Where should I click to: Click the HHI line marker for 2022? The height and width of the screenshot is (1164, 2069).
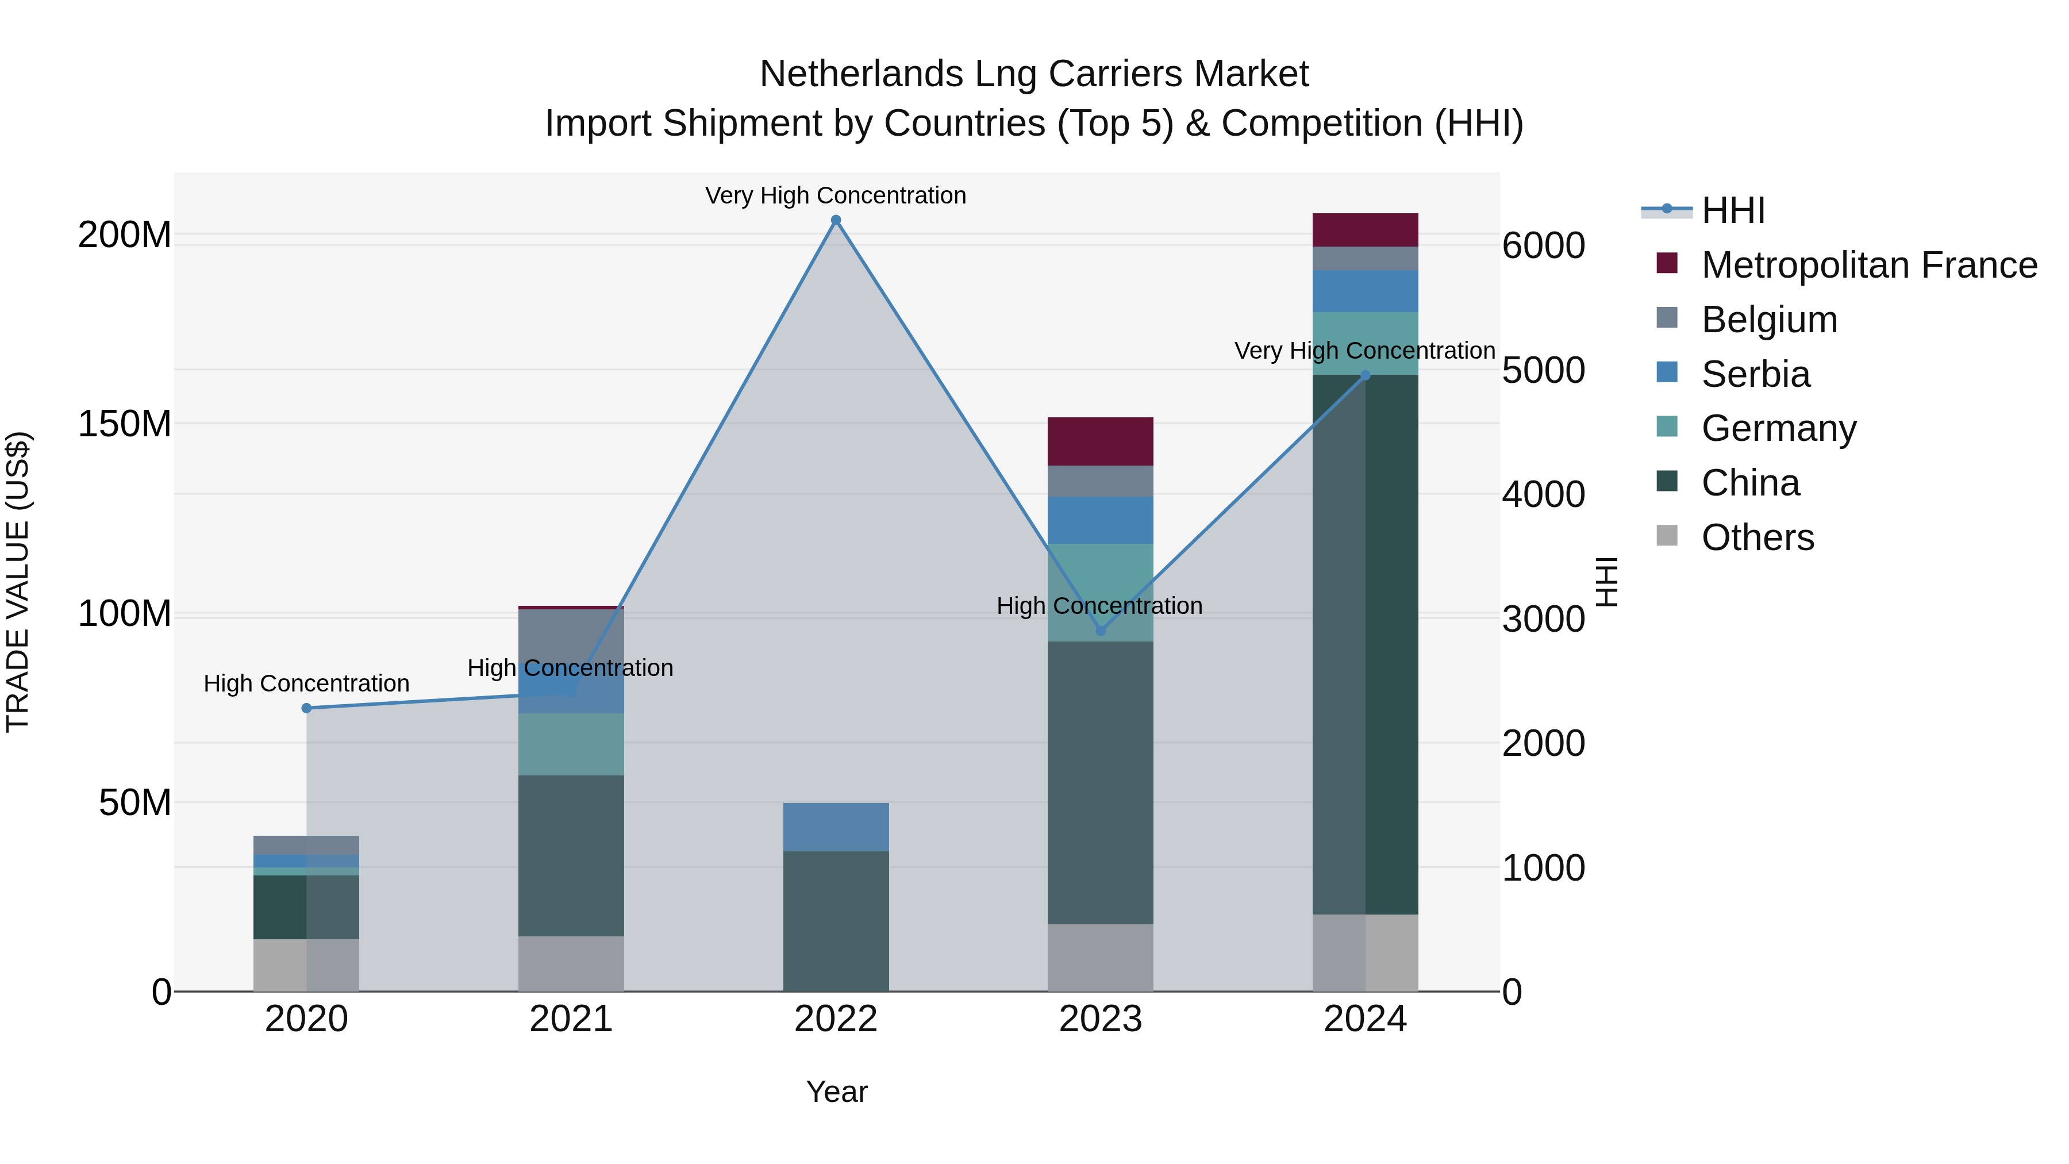point(835,220)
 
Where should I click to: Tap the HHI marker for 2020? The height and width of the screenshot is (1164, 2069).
point(306,708)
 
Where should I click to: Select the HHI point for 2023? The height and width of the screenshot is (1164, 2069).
point(1101,631)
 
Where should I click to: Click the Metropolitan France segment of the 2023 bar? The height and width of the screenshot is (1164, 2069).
point(1101,441)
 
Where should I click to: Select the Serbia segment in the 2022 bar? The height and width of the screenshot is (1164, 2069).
point(835,827)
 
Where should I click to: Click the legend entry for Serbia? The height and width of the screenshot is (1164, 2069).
point(1755,374)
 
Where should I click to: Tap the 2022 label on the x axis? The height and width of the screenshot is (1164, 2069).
point(835,1019)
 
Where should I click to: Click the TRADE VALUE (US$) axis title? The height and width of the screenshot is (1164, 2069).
point(18,582)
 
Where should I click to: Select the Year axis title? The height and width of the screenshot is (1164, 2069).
point(836,1092)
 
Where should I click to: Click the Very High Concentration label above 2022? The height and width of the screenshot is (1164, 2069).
point(835,195)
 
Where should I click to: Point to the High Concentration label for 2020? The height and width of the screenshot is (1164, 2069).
point(306,683)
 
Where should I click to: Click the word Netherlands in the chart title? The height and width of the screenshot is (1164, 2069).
point(860,74)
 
